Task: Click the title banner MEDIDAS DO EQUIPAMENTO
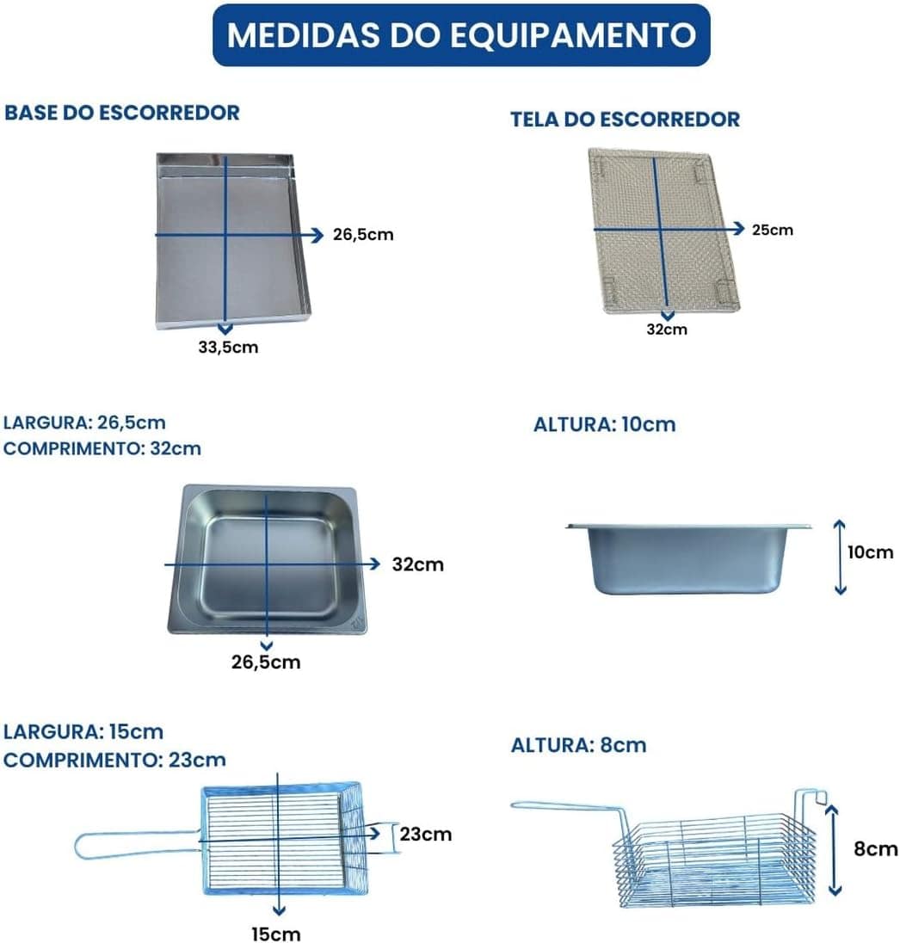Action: [x=461, y=35]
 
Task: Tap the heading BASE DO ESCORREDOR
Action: [x=122, y=113]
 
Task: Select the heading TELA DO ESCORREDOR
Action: [x=625, y=119]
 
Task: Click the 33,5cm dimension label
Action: [x=228, y=348]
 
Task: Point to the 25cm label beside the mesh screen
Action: [x=772, y=230]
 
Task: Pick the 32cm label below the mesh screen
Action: [x=667, y=330]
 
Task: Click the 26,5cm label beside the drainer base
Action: [x=363, y=234]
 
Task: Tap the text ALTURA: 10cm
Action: [x=604, y=424]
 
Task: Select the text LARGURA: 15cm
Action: [x=83, y=732]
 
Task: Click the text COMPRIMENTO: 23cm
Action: [x=114, y=760]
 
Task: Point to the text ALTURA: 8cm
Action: [x=578, y=745]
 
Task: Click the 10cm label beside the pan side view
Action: [x=870, y=552]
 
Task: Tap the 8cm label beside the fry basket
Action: [x=876, y=848]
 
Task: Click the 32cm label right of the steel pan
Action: [x=418, y=564]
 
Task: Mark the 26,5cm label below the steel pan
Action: [x=268, y=662]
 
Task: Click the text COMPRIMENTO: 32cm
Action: [x=102, y=448]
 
